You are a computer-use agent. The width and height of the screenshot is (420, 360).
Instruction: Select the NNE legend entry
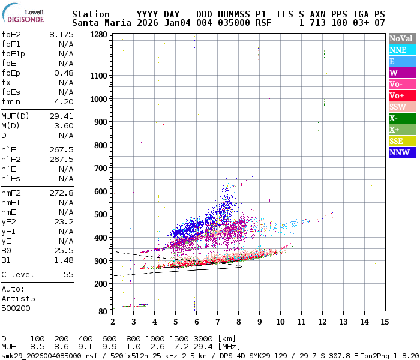click(401, 50)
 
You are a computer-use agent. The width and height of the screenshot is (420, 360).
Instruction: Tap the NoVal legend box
click(401, 38)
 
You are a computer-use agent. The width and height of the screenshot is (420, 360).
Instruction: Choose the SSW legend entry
click(401, 107)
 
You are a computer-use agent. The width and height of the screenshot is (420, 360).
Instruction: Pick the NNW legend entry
click(401, 152)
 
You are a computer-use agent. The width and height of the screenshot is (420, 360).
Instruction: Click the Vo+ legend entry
click(401, 95)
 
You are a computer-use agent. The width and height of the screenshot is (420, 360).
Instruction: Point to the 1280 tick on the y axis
click(99, 35)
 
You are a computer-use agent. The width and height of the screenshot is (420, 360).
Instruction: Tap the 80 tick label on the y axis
click(103, 311)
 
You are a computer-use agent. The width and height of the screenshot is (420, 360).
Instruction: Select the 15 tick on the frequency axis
click(384, 322)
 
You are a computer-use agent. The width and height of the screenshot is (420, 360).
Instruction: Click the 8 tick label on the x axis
click(238, 322)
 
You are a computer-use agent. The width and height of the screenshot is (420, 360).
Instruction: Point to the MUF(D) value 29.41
click(61, 116)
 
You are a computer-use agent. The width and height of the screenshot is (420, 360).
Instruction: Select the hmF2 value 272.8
click(61, 193)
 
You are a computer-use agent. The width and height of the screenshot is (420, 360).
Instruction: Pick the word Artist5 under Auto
click(18, 298)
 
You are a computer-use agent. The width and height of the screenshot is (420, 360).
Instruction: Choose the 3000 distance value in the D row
click(202, 338)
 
